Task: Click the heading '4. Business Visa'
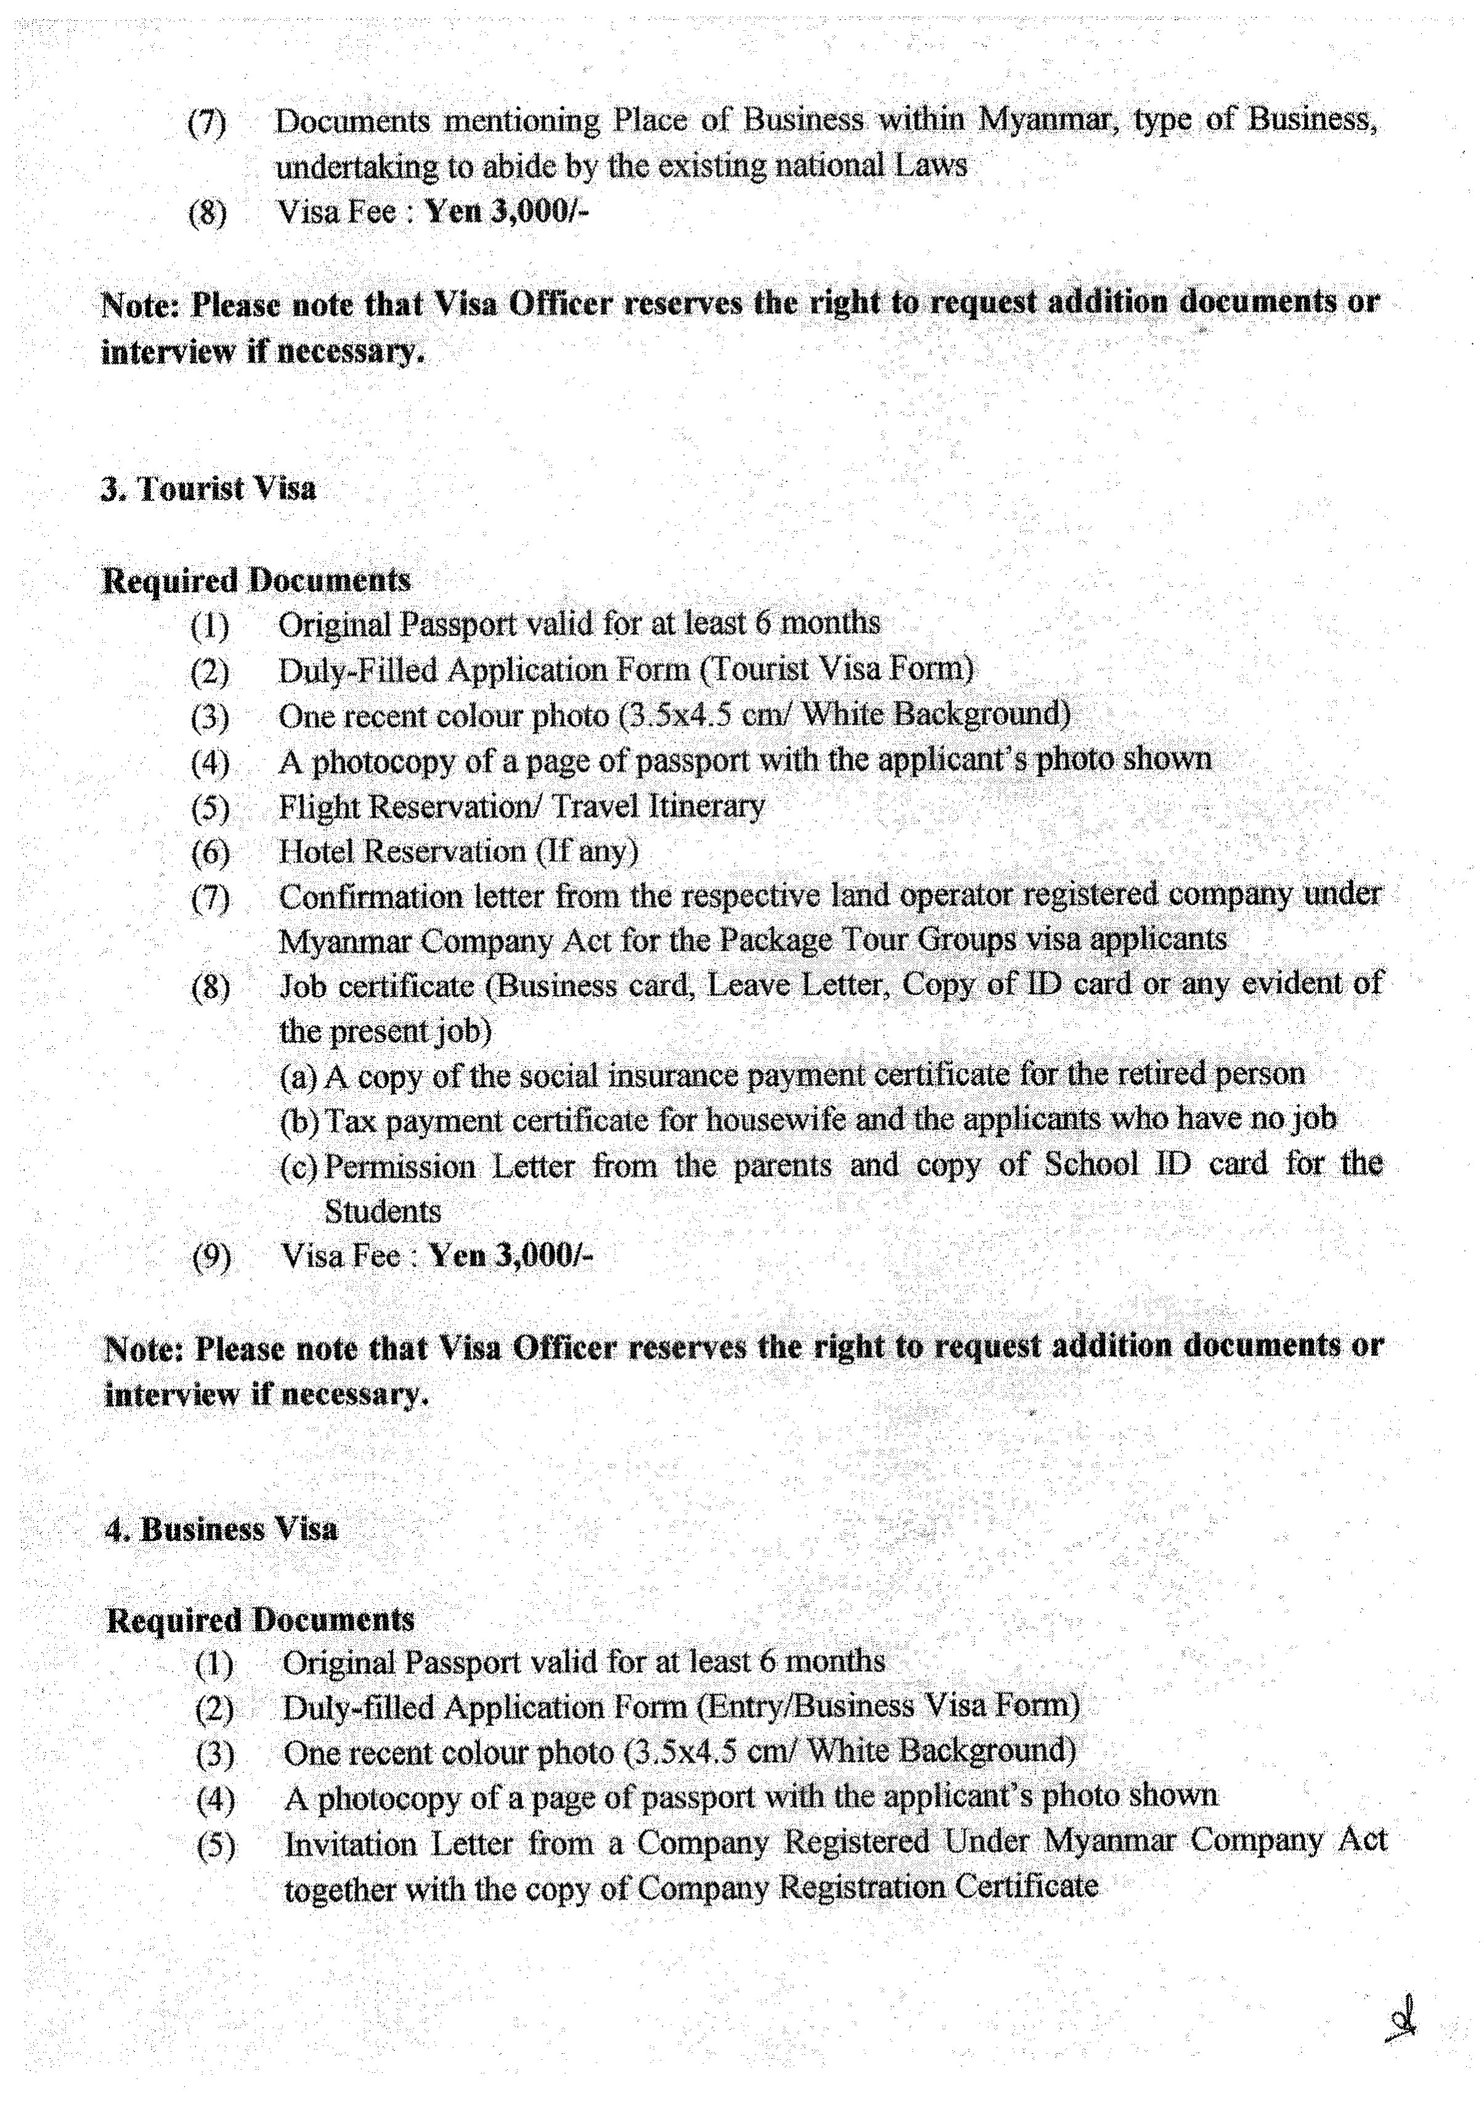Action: tap(221, 1529)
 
